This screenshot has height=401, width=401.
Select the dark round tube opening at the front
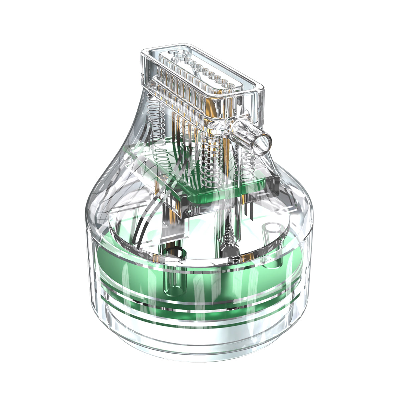point(174,253)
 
